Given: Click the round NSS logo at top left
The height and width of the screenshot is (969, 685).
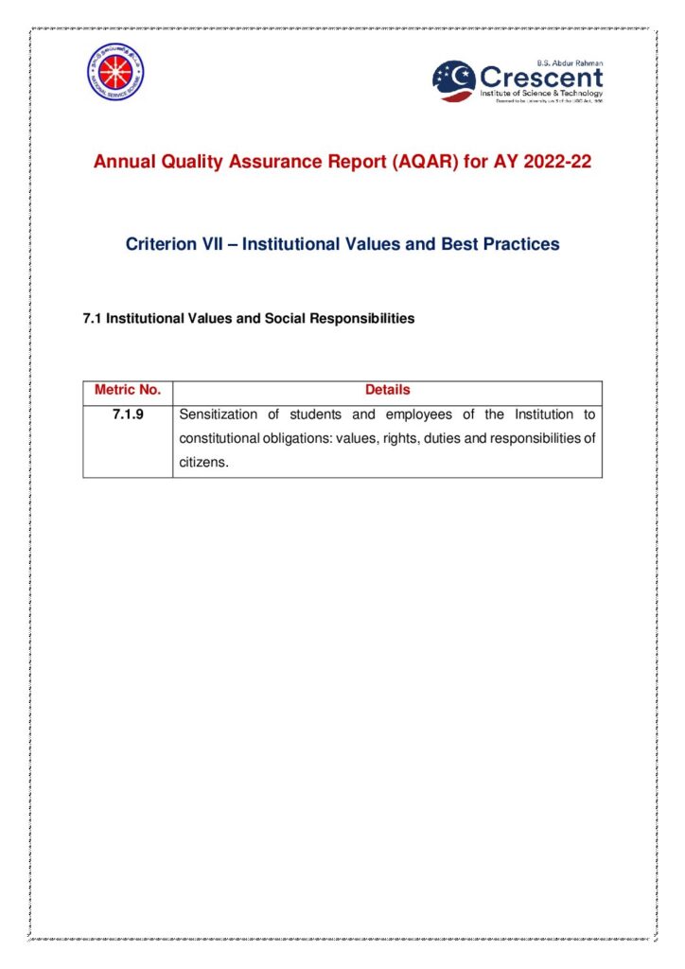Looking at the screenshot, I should (115, 73).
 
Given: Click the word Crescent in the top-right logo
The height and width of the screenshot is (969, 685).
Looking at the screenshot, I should (540, 76).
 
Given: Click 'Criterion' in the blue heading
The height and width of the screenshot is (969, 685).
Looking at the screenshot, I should (163, 244).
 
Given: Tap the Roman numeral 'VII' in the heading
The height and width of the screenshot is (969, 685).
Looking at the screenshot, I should (220, 244).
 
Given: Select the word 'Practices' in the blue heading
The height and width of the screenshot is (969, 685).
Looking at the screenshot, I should (522, 244).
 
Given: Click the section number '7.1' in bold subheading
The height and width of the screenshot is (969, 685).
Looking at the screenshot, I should (93, 319).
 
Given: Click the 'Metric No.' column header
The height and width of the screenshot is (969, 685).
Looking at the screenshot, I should (128, 390).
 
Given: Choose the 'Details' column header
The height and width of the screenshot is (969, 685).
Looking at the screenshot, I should (388, 390).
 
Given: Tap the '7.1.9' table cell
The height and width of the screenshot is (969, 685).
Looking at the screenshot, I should (128, 414).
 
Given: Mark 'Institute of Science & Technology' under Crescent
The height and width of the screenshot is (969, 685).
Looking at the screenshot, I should (541, 93).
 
